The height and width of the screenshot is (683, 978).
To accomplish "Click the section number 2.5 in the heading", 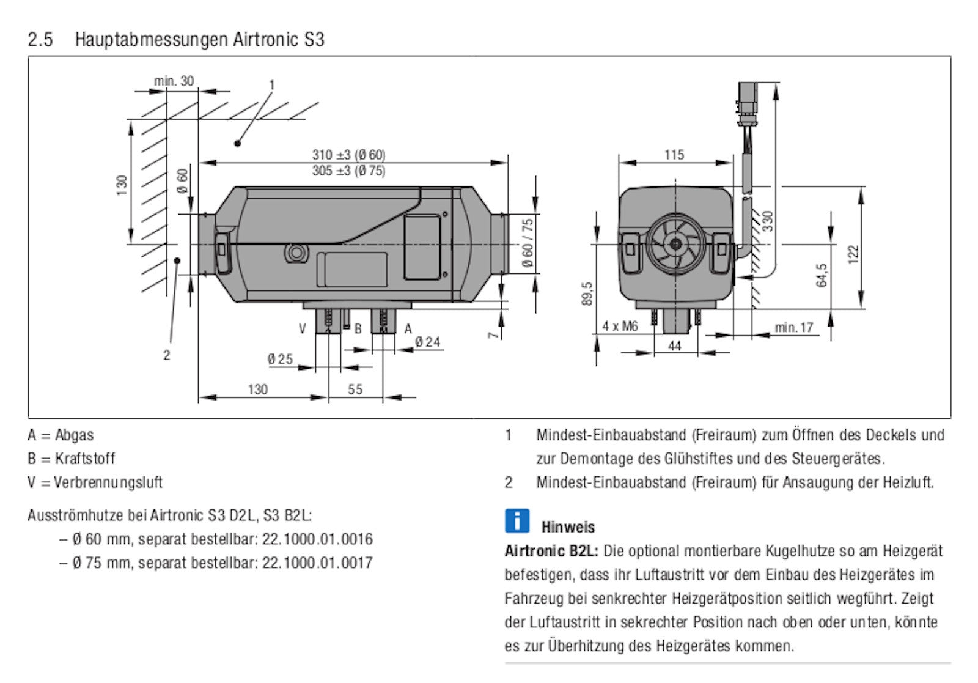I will click(x=40, y=40).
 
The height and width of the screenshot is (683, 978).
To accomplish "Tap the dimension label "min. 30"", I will click(x=174, y=81).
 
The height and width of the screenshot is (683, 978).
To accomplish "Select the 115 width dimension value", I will click(x=674, y=155).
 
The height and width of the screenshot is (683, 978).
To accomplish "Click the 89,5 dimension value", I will click(x=587, y=294).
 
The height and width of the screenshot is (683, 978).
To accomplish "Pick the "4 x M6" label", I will click(x=619, y=327).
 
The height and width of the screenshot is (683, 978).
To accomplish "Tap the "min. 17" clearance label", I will click(x=794, y=328).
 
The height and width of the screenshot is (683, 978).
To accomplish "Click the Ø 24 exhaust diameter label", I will click(x=427, y=342).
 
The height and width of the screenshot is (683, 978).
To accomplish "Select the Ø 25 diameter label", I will click(x=280, y=359).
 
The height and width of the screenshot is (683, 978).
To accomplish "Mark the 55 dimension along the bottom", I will click(x=355, y=389).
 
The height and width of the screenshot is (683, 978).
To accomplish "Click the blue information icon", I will click(x=517, y=520).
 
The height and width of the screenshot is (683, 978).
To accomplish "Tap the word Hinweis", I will click(x=568, y=526).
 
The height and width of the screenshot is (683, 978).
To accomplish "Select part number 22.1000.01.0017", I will click(x=317, y=563).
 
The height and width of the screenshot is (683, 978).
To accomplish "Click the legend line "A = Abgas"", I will click(x=61, y=435).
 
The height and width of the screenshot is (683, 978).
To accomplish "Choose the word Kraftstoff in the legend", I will click(x=85, y=459).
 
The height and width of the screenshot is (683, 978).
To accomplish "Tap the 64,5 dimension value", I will click(x=822, y=275).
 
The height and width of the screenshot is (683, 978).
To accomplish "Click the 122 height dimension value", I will click(x=853, y=254).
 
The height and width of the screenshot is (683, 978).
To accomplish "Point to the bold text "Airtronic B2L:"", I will click(x=551, y=551).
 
